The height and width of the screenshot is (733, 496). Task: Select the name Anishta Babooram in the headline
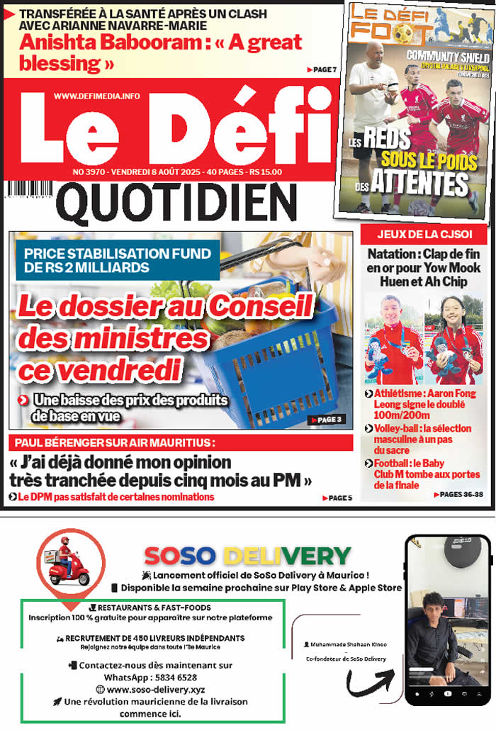pyautogui.click(x=106, y=42)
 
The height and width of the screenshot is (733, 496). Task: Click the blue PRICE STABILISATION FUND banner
pyautogui.click(x=117, y=260)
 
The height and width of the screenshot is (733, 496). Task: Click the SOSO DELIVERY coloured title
pyautogui.click(x=247, y=556)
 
